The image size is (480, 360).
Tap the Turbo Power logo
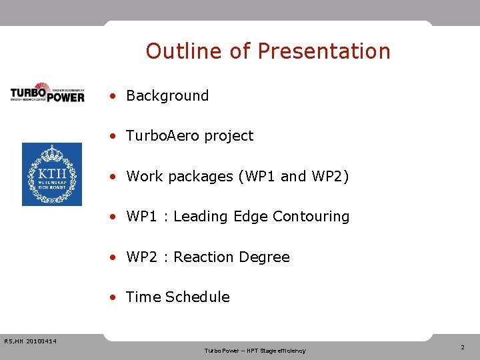47,93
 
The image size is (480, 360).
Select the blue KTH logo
52,174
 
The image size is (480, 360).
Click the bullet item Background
167,96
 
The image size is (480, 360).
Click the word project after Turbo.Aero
229,136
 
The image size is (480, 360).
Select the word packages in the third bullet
195,177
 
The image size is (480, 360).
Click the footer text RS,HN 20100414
30,342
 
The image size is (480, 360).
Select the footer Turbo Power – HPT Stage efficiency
255,351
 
